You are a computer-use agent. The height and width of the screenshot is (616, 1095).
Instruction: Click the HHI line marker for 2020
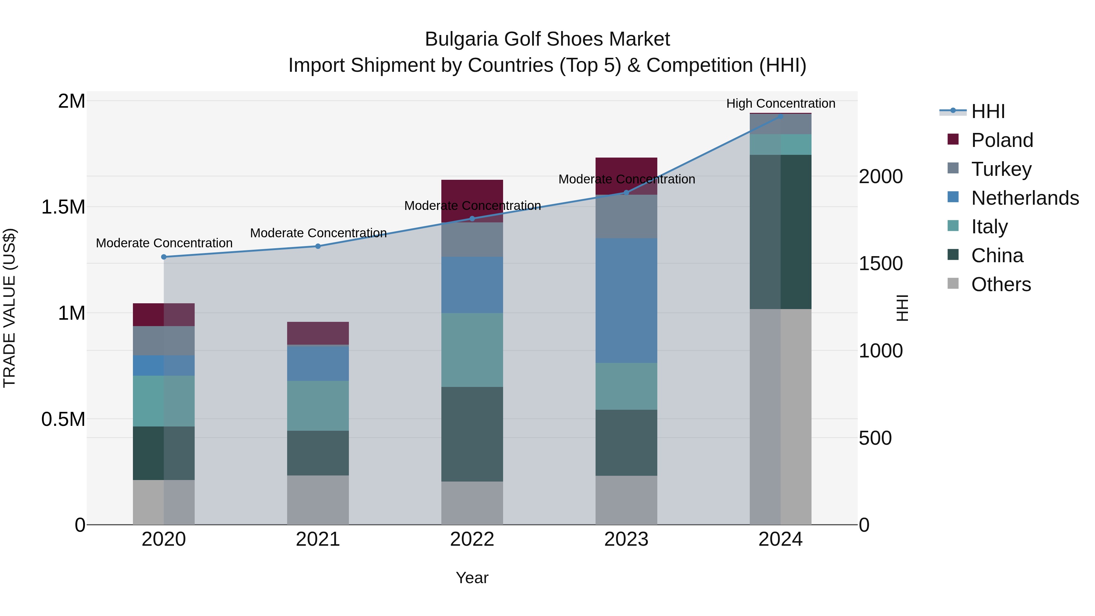164,257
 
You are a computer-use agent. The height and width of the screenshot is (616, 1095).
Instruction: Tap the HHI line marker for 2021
318,246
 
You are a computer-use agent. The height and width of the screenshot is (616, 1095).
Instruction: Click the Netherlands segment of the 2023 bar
626,300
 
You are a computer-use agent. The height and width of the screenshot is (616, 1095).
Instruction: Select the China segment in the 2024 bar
780,232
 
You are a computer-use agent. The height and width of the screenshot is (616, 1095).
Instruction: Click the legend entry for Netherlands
1024,198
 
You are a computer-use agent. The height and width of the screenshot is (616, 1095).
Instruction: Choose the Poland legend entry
1002,140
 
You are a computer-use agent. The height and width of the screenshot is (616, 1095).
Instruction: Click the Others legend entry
1001,284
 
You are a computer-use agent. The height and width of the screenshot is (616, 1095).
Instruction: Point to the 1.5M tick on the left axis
63,207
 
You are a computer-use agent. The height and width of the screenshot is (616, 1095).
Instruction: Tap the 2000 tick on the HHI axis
880,176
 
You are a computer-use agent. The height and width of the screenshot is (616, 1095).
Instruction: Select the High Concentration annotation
780,103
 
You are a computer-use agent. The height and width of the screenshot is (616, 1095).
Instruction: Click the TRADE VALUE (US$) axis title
9,308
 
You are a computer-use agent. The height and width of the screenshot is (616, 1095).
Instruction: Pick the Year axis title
472,578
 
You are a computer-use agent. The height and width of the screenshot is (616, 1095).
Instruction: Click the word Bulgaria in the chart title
461,39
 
